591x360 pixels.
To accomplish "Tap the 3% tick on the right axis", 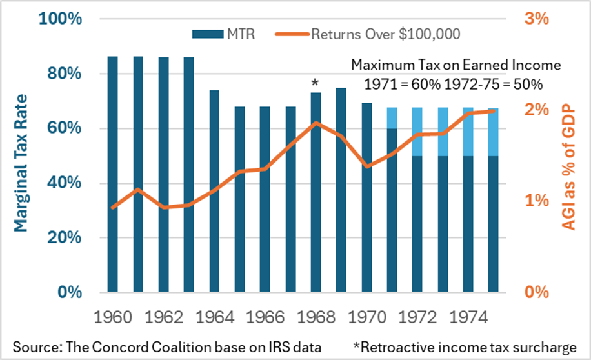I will click(537, 19).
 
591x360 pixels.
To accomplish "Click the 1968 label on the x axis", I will click(316, 318).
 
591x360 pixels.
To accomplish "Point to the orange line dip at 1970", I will click(366, 166).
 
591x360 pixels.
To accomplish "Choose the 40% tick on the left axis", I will click(65, 183).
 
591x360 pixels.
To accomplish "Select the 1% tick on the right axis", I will click(537, 201).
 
